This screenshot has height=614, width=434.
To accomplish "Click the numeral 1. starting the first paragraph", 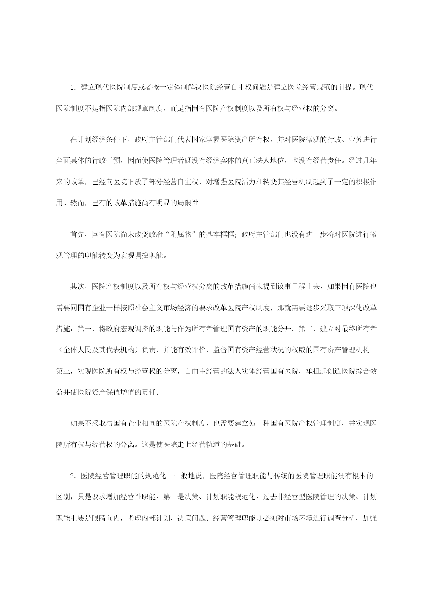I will click(72, 87).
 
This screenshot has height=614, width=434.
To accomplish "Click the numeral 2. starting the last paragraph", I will click(72, 476).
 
